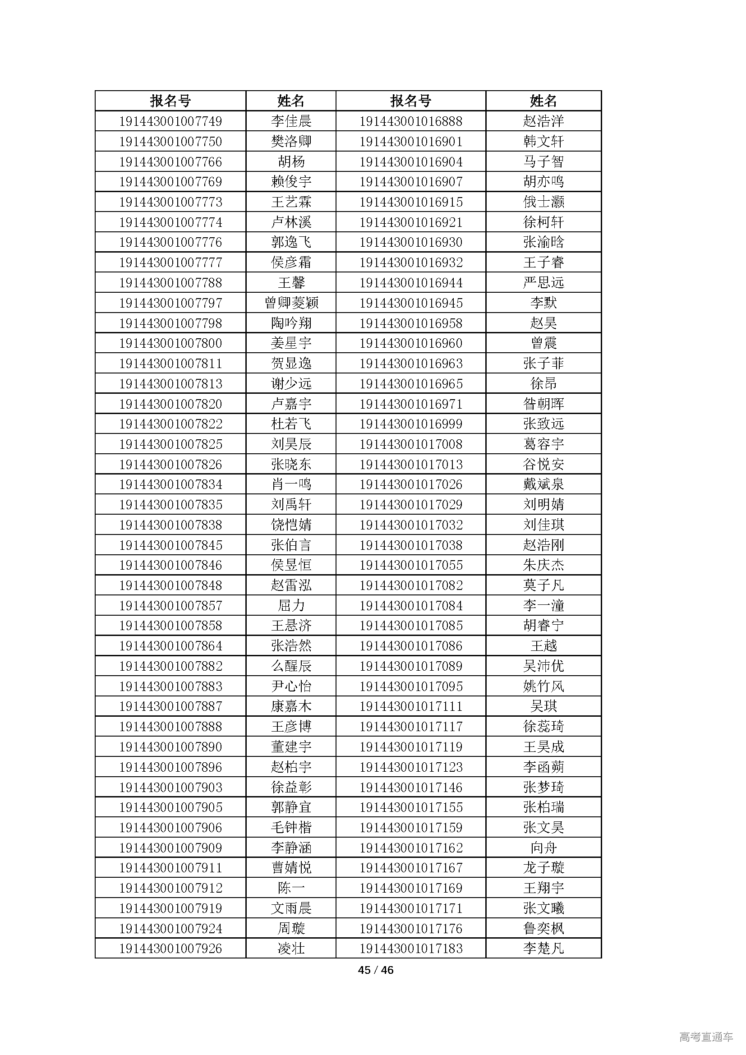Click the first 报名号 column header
pyautogui.click(x=170, y=101)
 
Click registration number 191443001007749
pyautogui.click(x=170, y=121)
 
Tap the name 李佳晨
pyautogui.click(x=291, y=121)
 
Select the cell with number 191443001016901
pyautogui.click(x=411, y=142)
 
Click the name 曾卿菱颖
pyautogui.click(x=291, y=303)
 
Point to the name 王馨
pyautogui.click(x=291, y=283)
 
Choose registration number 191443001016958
pyautogui.click(x=411, y=323)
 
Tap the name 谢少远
pyautogui.click(x=291, y=384)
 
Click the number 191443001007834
pyautogui.click(x=170, y=484)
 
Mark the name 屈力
pyautogui.click(x=291, y=606)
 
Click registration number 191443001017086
pyautogui.click(x=411, y=646)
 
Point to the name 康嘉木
pyautogui.click(x=291, y=706)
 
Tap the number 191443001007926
pyautogui.click(x=170, y=949)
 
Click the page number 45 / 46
pyautogui.click(x=375, y=970)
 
